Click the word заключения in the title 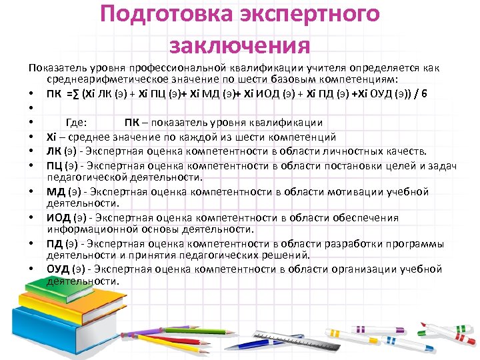pos(239,45)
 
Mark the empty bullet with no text pos(32,107)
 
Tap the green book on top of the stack pos(60,303)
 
